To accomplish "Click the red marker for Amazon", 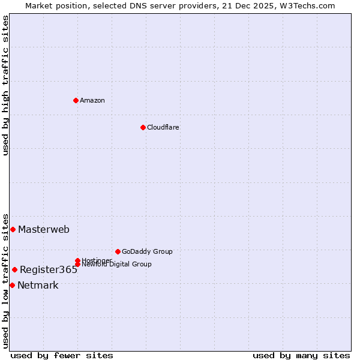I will [x=76, y=100].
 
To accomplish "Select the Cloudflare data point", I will [x=143, y=127].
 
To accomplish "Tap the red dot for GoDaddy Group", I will [x=118, y=251].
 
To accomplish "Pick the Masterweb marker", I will [x=13, y=229].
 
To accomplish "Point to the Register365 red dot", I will [x=14, y=269].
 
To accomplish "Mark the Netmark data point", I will [x=12, y=285].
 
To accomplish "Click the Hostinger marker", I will [x=77, y=260].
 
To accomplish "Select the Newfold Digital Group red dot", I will [x=77, y=264].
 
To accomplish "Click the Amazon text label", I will [x=92, y=100].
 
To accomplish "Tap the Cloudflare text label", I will [x=163, y=127].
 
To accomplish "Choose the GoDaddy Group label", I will [x=147, y=251].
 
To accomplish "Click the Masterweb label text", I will [x=44, y=229].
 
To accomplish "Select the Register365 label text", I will [x=49, y=270].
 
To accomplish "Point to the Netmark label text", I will [x=38, y=286].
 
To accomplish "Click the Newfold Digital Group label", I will [x=116, y=265].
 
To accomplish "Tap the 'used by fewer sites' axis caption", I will [x=62, y=356].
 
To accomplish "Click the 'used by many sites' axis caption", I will [x=301, y=356].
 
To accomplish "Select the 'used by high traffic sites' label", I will [x=5, y=85].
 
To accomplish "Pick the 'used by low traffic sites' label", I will [x=5, y=280].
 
